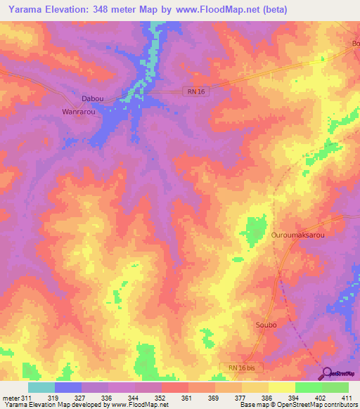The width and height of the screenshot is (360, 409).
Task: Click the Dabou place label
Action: [x=94, y=100]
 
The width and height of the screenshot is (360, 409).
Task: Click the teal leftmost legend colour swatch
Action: [x=41, y=387]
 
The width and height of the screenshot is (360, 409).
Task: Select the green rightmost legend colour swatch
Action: [x=335, y=387]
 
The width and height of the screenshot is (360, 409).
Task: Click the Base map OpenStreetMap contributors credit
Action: [x=297, y=405]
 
